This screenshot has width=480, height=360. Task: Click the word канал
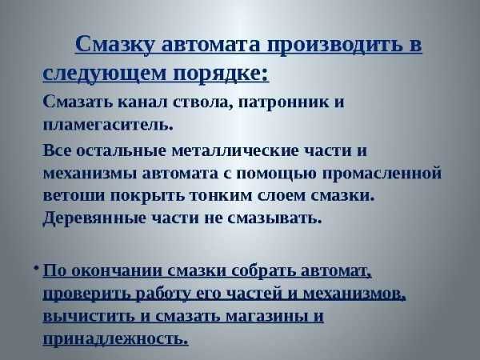pos(142,102)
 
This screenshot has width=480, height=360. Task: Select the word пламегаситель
pos(108,125)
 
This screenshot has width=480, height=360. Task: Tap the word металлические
pos(235,151)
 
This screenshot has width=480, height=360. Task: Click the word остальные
pos(121,151)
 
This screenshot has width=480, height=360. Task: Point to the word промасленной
pos(382,174)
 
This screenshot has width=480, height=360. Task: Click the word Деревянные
pos(94,218)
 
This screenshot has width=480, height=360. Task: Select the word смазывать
pos(274,218)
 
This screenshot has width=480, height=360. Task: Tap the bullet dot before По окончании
pos(37,268)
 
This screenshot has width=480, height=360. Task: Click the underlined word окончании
pos(118,271)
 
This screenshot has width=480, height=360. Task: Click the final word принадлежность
pos(115,339)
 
